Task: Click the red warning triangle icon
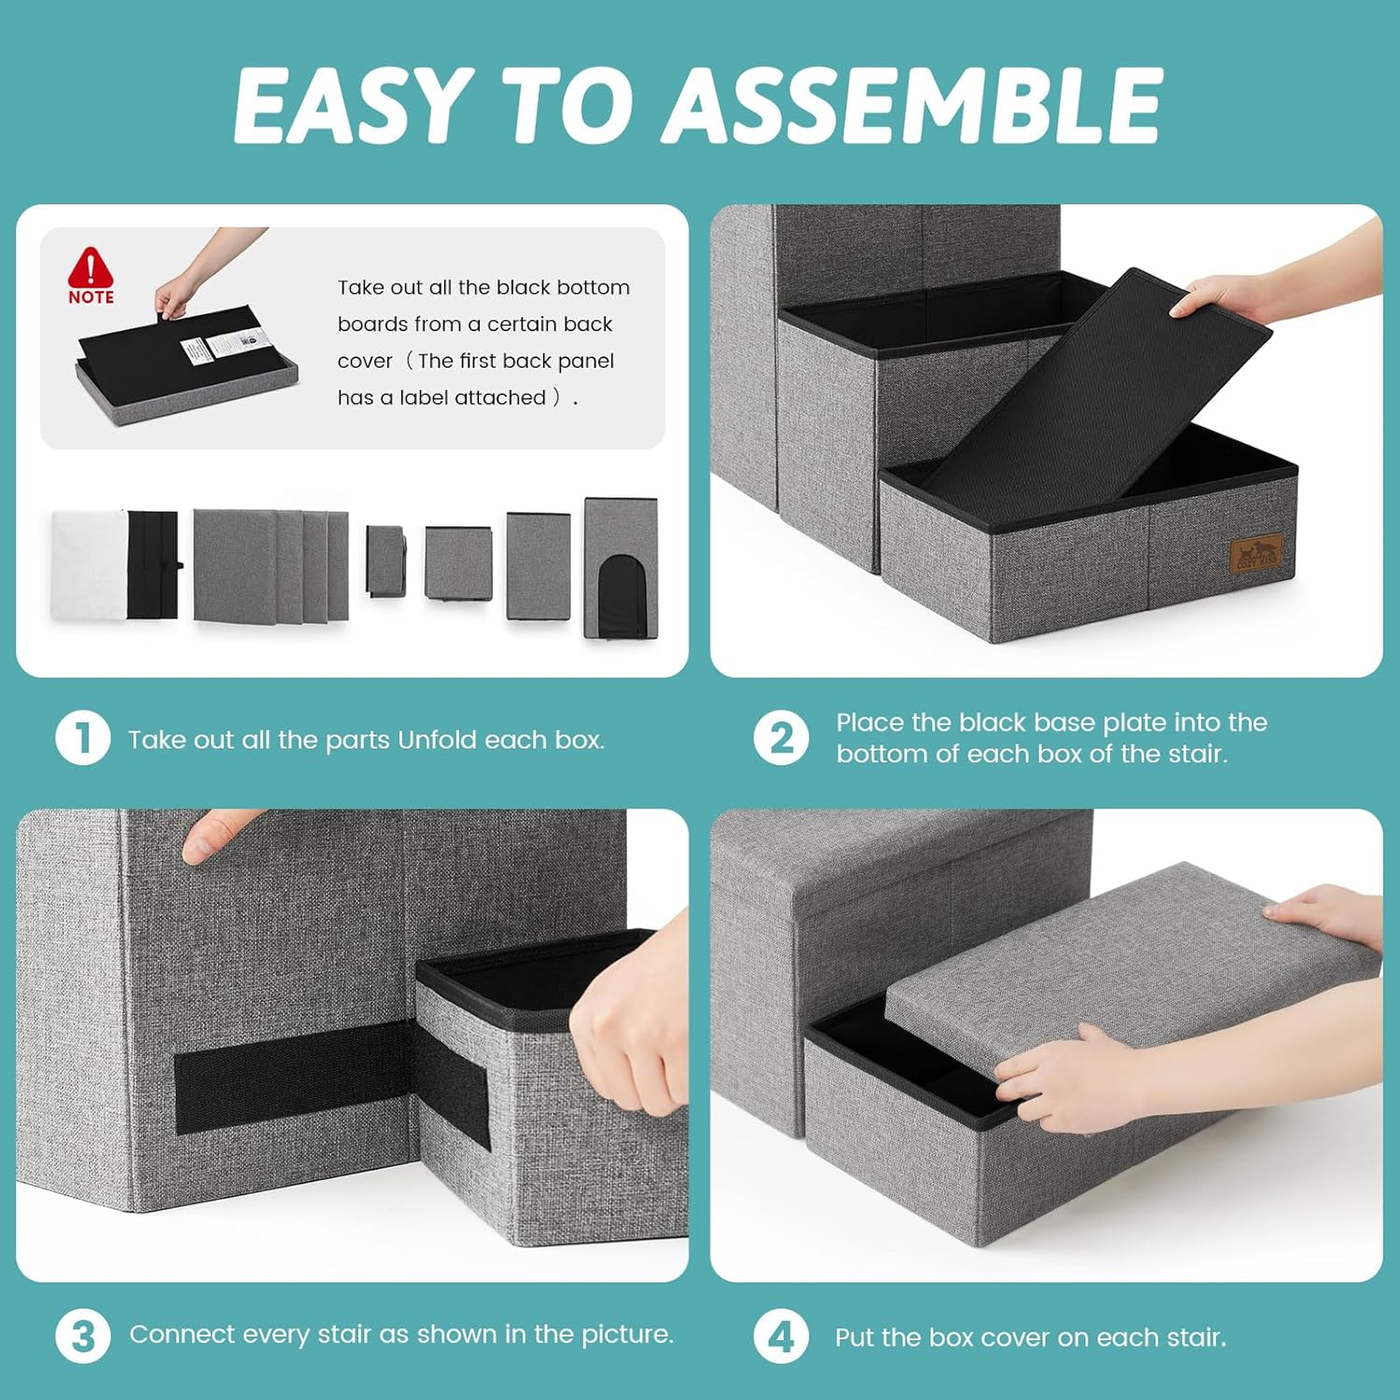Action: coord(90,268)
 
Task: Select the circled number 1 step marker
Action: coord(83,738)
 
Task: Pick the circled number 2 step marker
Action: coord(781,738)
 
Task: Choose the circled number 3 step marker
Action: coord(83,1336)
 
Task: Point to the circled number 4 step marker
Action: coord(781,1336)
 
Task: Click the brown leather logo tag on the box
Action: coord(1255,553)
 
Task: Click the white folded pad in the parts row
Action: coord(89,564)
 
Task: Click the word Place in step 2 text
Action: coord(869,722)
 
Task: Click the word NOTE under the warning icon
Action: coord(91,297)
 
